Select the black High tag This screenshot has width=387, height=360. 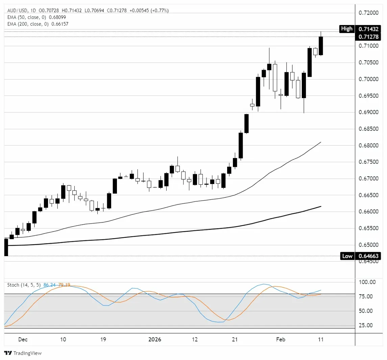(347, 29)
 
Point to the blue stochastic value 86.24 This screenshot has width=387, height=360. (49, 285)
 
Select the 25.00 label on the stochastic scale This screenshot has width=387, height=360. (367, 325)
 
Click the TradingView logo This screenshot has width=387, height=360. (23, 353)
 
